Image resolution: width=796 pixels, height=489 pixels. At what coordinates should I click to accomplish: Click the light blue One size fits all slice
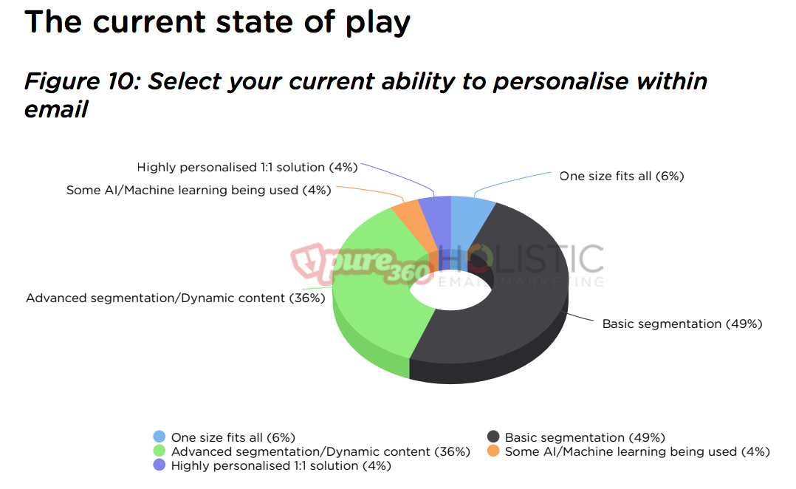coord(470,219)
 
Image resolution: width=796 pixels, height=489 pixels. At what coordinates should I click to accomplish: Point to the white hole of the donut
coord(450,292)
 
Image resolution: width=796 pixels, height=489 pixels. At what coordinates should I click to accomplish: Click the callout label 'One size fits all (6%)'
coord(622,177)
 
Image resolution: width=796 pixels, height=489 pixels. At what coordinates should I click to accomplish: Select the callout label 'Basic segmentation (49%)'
coord(682,324)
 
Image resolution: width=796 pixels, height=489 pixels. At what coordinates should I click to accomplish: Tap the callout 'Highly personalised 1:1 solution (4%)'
coord(247,168)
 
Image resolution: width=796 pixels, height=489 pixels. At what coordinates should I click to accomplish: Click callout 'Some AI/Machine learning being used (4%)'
coord(199,191)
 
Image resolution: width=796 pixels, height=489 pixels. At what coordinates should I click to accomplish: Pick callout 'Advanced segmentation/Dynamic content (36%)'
coord(176,298)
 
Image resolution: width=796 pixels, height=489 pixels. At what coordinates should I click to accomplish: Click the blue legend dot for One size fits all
coord(159,437)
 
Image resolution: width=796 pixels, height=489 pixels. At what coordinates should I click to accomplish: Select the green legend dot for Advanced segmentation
coord(159,451)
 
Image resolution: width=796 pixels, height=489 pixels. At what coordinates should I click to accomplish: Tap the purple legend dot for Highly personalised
coord(159,465)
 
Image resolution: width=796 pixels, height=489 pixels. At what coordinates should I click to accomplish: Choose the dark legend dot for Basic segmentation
coord(493,437)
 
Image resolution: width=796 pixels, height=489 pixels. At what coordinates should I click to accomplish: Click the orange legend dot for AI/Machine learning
coord(493,451)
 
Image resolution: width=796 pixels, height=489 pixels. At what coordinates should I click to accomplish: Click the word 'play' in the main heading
coord(378,24)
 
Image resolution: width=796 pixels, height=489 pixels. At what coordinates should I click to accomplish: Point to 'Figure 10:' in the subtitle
coord(82,81)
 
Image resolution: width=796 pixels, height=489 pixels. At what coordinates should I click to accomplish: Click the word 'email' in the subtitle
coord(56,109)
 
